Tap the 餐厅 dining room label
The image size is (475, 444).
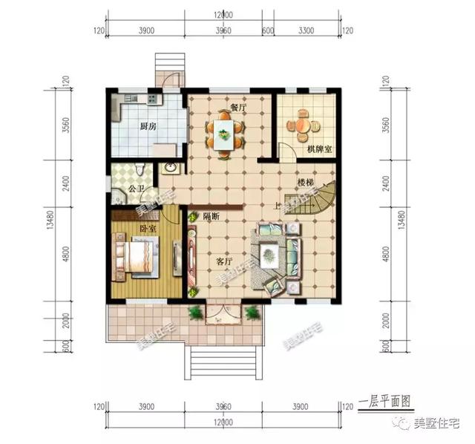(x=237, y=108)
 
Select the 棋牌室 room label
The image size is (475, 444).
(x=319, y=150)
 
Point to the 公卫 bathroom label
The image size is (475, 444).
(x=136, y=189)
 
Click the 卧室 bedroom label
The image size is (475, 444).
(x=148, y=228)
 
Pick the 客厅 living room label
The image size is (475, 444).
(x=224, y=262)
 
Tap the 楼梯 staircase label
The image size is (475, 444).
(x=306, y=182)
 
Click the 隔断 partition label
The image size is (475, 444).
(x=211, y=216)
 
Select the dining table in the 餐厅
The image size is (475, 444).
(x=223, y=134)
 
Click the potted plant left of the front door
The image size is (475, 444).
(x=194, y=313)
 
